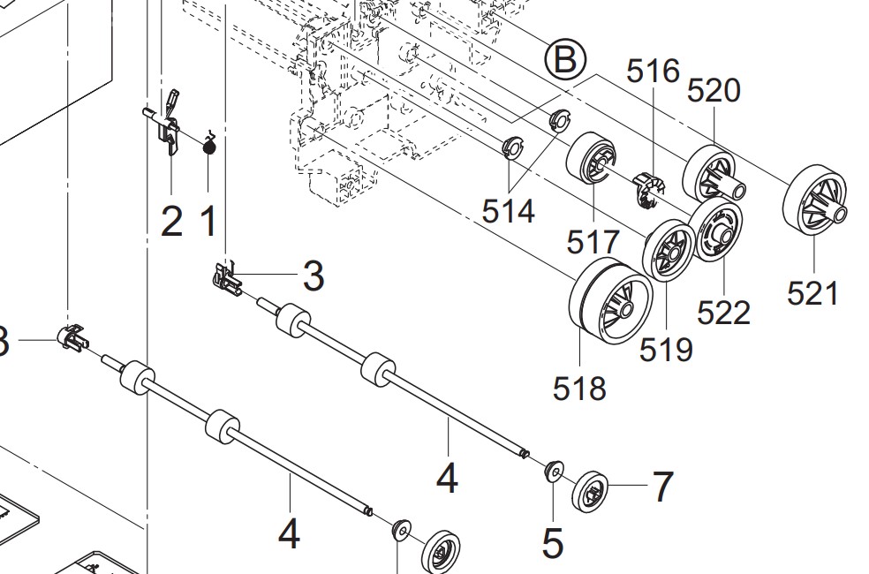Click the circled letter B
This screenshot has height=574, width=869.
(x=564, y=60)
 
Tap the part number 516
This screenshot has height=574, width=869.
(x=654, y=72)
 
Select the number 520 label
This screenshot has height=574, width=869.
(x=713, y=90)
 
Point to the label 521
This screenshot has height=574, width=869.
(x=812, y=292)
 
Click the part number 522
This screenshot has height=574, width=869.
(x=723, y=312)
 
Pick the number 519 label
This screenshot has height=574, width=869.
(x=666, y=350)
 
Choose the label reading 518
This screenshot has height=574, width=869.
(x=580, y=387)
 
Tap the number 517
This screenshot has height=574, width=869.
(x=593, y=241)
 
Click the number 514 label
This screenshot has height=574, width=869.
(x=509, y=211)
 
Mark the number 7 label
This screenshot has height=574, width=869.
(x=662, y=486)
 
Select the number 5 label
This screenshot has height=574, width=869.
(x=553, y=542)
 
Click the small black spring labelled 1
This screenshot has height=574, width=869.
(x=209, y=147)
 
